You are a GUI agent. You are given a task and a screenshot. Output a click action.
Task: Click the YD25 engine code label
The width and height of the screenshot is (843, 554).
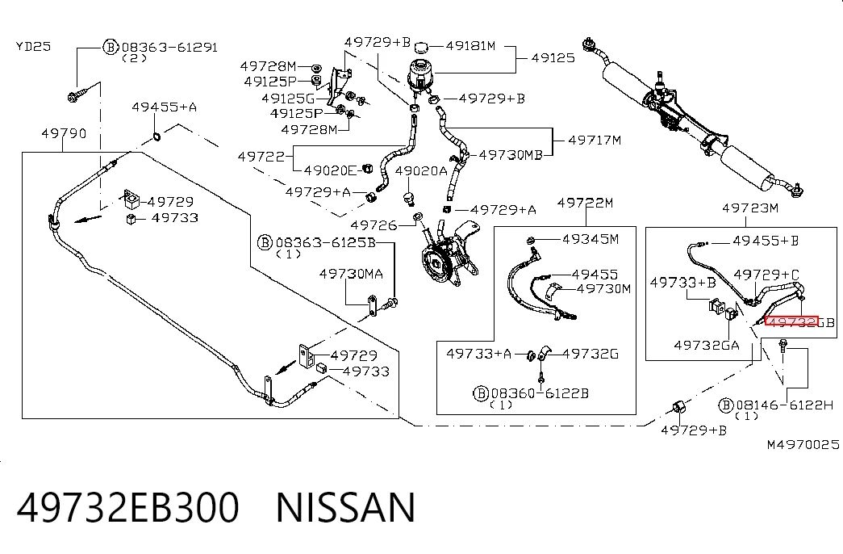33,46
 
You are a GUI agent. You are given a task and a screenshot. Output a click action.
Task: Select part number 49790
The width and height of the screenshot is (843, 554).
64,133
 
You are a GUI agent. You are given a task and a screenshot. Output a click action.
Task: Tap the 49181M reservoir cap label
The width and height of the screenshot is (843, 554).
470,46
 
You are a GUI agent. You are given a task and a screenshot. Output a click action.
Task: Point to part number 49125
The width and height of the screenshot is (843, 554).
553,57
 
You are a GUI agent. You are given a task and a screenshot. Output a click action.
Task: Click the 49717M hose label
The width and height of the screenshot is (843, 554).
595,140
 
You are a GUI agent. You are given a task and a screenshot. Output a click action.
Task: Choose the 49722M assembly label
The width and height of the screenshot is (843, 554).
585,203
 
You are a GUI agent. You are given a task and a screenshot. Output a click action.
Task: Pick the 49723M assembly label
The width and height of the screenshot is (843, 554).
750,208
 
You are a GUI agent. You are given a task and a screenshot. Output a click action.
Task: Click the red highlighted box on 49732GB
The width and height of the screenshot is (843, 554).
791,321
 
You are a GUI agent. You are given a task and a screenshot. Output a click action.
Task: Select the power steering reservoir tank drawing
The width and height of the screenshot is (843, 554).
419,73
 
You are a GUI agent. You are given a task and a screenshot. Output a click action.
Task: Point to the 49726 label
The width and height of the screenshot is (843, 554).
374,225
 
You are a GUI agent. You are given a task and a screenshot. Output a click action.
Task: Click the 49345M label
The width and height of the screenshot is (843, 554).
591,239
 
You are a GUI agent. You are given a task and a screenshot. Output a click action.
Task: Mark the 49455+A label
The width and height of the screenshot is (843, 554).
165,107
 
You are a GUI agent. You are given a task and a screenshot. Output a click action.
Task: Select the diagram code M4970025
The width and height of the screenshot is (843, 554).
803,445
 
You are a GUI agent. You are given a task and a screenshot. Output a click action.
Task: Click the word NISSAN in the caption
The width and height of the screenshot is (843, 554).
346,507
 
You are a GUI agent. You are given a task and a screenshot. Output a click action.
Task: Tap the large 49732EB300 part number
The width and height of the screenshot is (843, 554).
128,507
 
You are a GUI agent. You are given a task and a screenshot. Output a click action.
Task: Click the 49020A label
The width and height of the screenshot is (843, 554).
421,171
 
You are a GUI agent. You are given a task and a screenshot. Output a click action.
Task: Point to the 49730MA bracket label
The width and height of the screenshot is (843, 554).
351,274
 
